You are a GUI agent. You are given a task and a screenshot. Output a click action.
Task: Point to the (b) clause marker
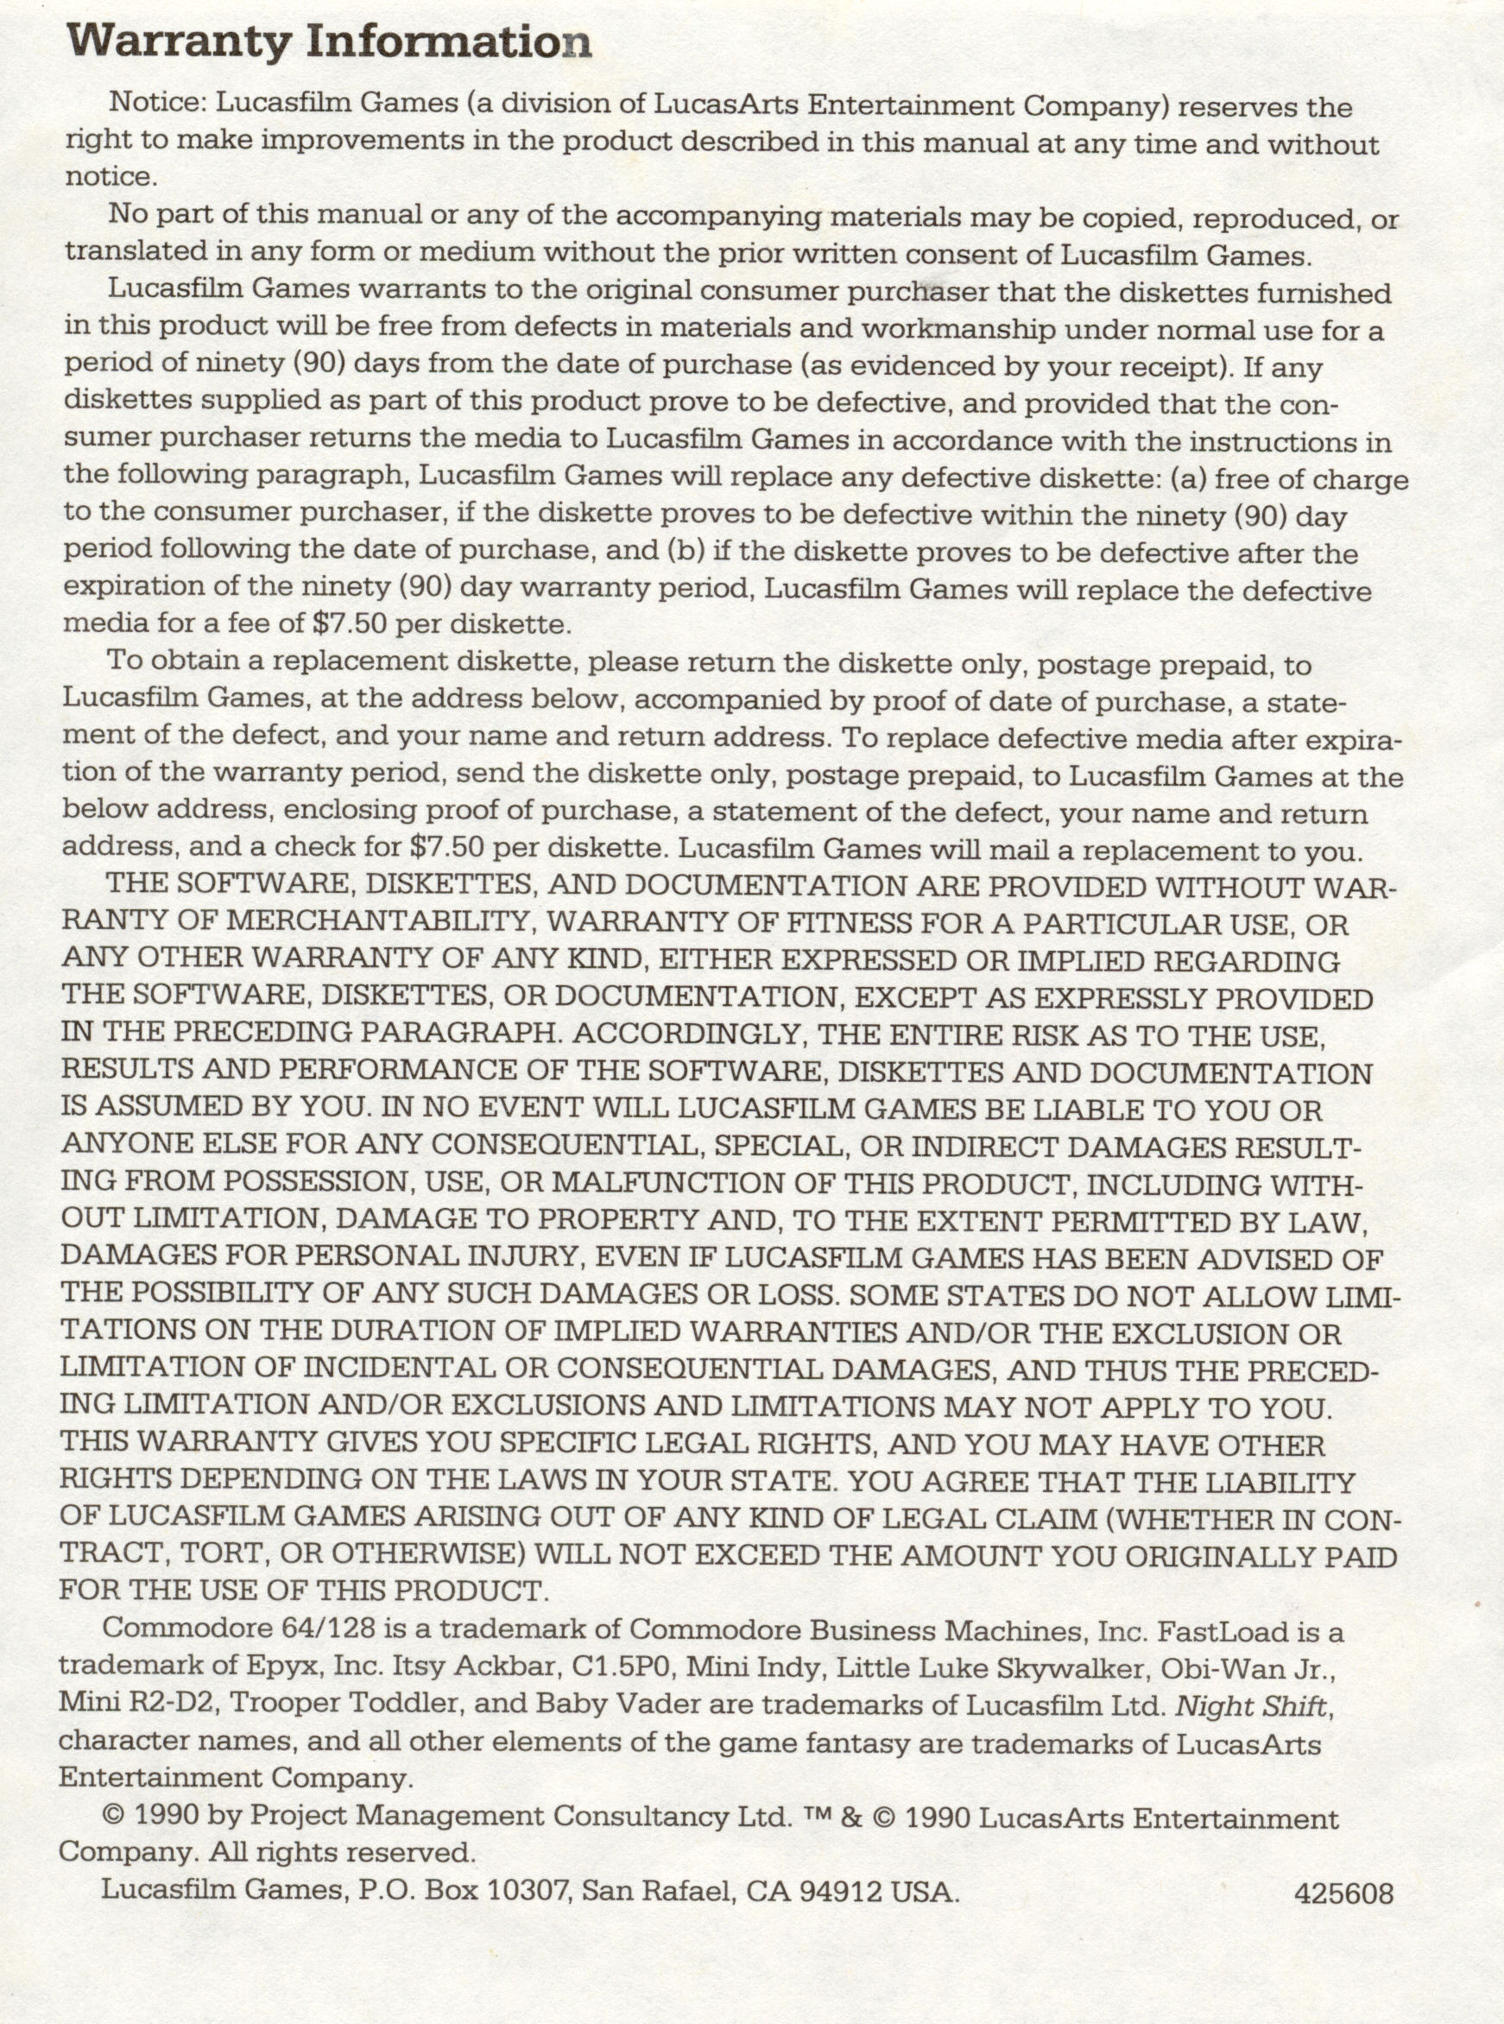coord(689,550)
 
